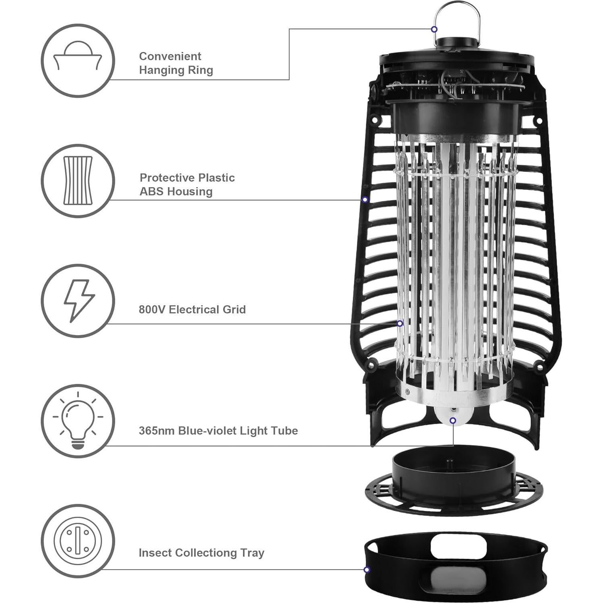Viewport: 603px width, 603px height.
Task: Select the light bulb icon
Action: click(78, 421)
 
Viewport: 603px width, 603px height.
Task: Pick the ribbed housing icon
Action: click(78, 180)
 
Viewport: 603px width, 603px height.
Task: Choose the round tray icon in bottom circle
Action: click(78, 541)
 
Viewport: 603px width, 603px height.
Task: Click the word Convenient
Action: click(170, 56)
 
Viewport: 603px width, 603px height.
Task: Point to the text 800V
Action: click(152, 310)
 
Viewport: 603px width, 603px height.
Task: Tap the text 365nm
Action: click(157, 431)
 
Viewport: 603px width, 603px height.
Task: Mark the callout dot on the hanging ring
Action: click(434, 29)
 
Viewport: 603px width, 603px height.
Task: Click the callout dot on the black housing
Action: click(365, 199)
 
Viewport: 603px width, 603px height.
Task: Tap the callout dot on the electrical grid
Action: click(400, 323)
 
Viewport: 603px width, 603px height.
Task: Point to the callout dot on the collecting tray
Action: click(367, 570)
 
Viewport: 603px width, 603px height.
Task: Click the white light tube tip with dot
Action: click(453, 421)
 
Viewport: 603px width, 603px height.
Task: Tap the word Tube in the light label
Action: click(284, 431)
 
